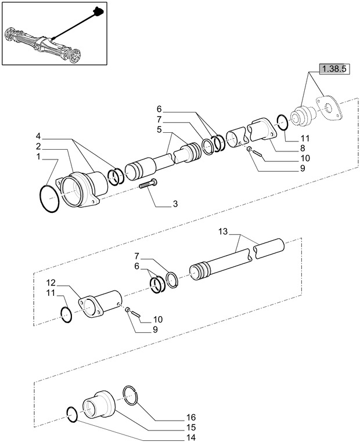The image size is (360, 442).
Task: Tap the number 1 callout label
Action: pyautogui.click(x=38, y=157)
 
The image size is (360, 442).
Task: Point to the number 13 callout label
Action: pyautogui.click(x=223, y=231)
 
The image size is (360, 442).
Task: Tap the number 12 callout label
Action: pyautogui.click(x=52, y=282)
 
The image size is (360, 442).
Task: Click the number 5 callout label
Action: pyautogui.click(x=159, y=130)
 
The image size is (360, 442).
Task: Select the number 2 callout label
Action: pyautogui.click(x=38, y=146)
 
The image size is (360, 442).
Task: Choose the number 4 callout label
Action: pyautogui.click(x=38, y=136)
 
